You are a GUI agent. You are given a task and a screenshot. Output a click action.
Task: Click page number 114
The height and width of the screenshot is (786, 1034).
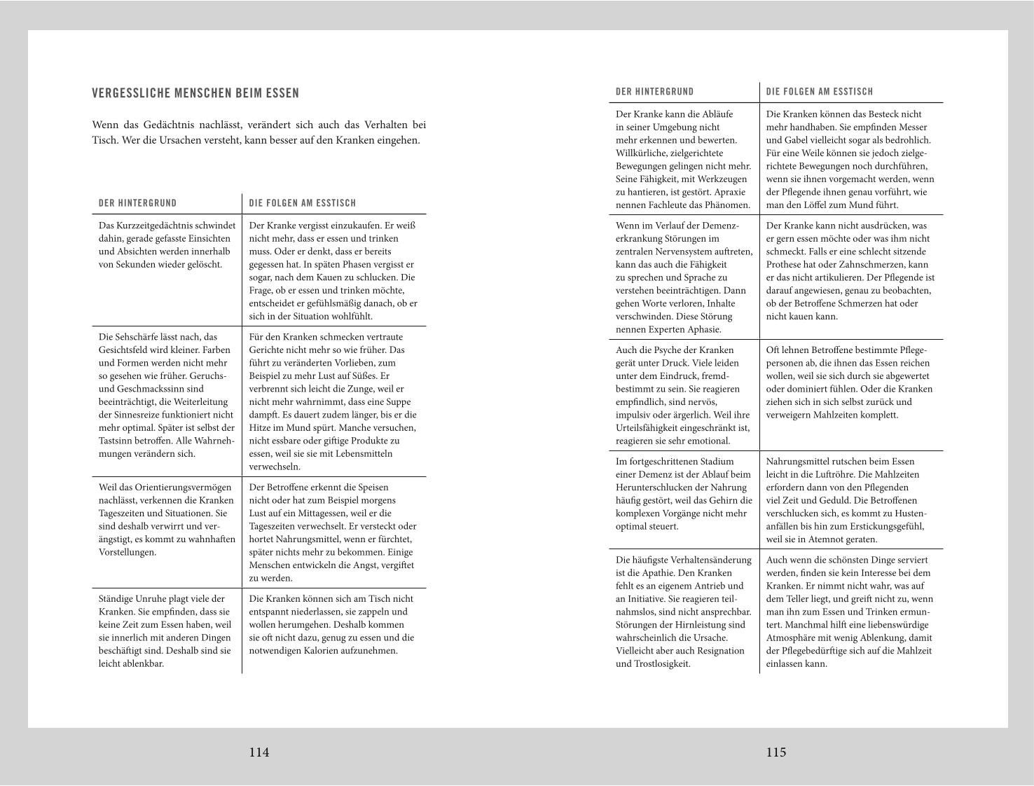(259, 752)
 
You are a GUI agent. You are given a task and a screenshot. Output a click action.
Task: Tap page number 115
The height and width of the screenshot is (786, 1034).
(776, 752)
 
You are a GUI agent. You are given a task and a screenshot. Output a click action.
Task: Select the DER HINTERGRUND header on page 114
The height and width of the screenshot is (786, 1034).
(137, 203)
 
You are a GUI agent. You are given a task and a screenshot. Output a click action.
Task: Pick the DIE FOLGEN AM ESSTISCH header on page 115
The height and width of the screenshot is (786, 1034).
(820, 92)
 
